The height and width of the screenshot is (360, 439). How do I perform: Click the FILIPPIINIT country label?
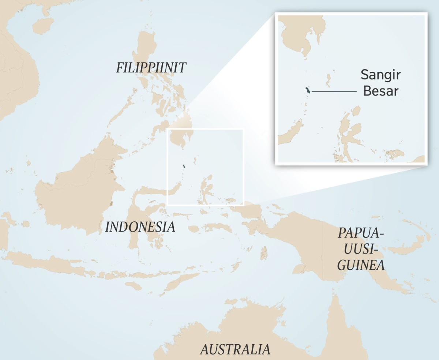(151, 68)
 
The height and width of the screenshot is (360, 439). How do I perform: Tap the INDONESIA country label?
(140, 227)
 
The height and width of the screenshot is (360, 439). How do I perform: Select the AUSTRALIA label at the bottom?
(235, 349)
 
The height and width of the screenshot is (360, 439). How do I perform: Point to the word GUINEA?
(361, 265)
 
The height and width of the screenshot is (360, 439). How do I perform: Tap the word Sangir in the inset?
(380, 75)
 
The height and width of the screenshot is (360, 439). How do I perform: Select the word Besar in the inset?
(380, 91)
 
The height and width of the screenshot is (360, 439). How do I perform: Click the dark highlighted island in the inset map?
(308, 91)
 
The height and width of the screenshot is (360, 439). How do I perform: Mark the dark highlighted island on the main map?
(184, 166)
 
